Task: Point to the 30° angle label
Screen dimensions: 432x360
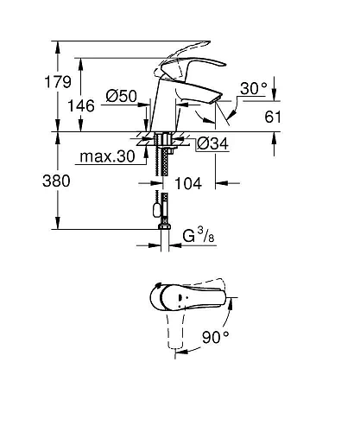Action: pyautogui.click(x=254, y=89)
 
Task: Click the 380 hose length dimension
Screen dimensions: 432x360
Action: pyautogui.click(x=28, y=181)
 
